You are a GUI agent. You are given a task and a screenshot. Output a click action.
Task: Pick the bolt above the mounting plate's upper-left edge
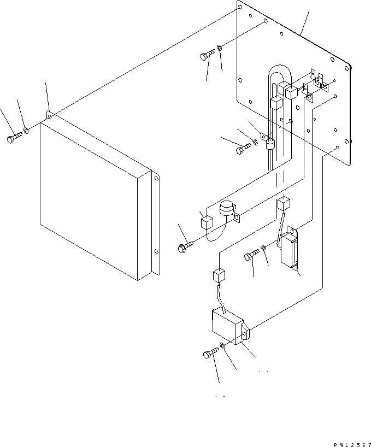207,55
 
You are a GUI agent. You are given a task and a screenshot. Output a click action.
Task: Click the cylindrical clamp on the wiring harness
269,144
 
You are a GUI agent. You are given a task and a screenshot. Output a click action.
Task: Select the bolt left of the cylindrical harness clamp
243,148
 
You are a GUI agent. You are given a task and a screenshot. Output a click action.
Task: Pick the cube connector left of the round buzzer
206,222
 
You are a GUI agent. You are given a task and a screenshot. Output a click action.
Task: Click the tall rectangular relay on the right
290,248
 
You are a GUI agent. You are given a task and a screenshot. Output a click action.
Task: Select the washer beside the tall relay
263,248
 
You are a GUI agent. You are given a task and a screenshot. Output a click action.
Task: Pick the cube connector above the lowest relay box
217,274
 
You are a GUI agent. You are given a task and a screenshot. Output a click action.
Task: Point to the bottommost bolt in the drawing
210,354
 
